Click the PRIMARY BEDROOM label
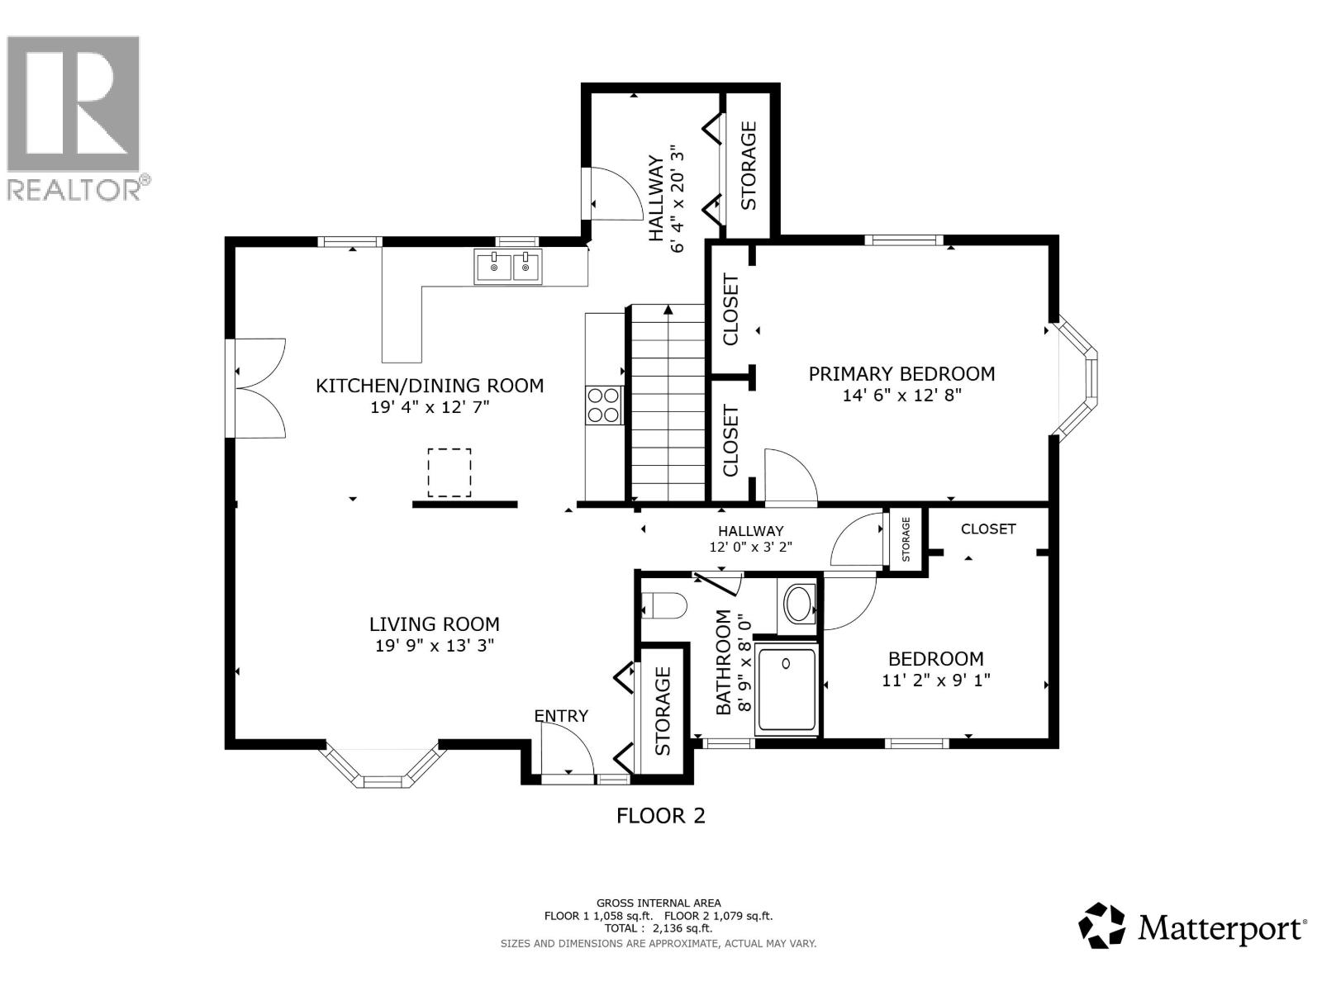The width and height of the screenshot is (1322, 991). tap(901, 374)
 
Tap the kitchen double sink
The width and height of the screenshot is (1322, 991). tap(507, 267)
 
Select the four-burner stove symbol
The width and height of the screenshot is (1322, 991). tap(603, 405)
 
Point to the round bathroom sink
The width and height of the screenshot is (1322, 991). tap(798, 605)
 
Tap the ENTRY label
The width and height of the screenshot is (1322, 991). tap(561, 716)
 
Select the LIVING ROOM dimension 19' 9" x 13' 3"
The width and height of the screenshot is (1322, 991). tap(434, 647)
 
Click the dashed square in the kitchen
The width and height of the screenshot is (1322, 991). tap(449, 472)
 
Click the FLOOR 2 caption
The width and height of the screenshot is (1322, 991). tap(661, 816)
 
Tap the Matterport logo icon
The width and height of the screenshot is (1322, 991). tap(1102, 925)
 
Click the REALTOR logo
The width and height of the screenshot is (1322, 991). tap(74, 116)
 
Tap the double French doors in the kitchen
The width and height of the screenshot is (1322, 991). tap(258, 388)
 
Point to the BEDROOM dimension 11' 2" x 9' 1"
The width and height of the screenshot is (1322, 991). tap(935, 680)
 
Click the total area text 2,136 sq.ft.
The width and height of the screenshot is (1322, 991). tap(682, 928)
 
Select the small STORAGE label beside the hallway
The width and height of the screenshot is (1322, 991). tap(906, 538)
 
